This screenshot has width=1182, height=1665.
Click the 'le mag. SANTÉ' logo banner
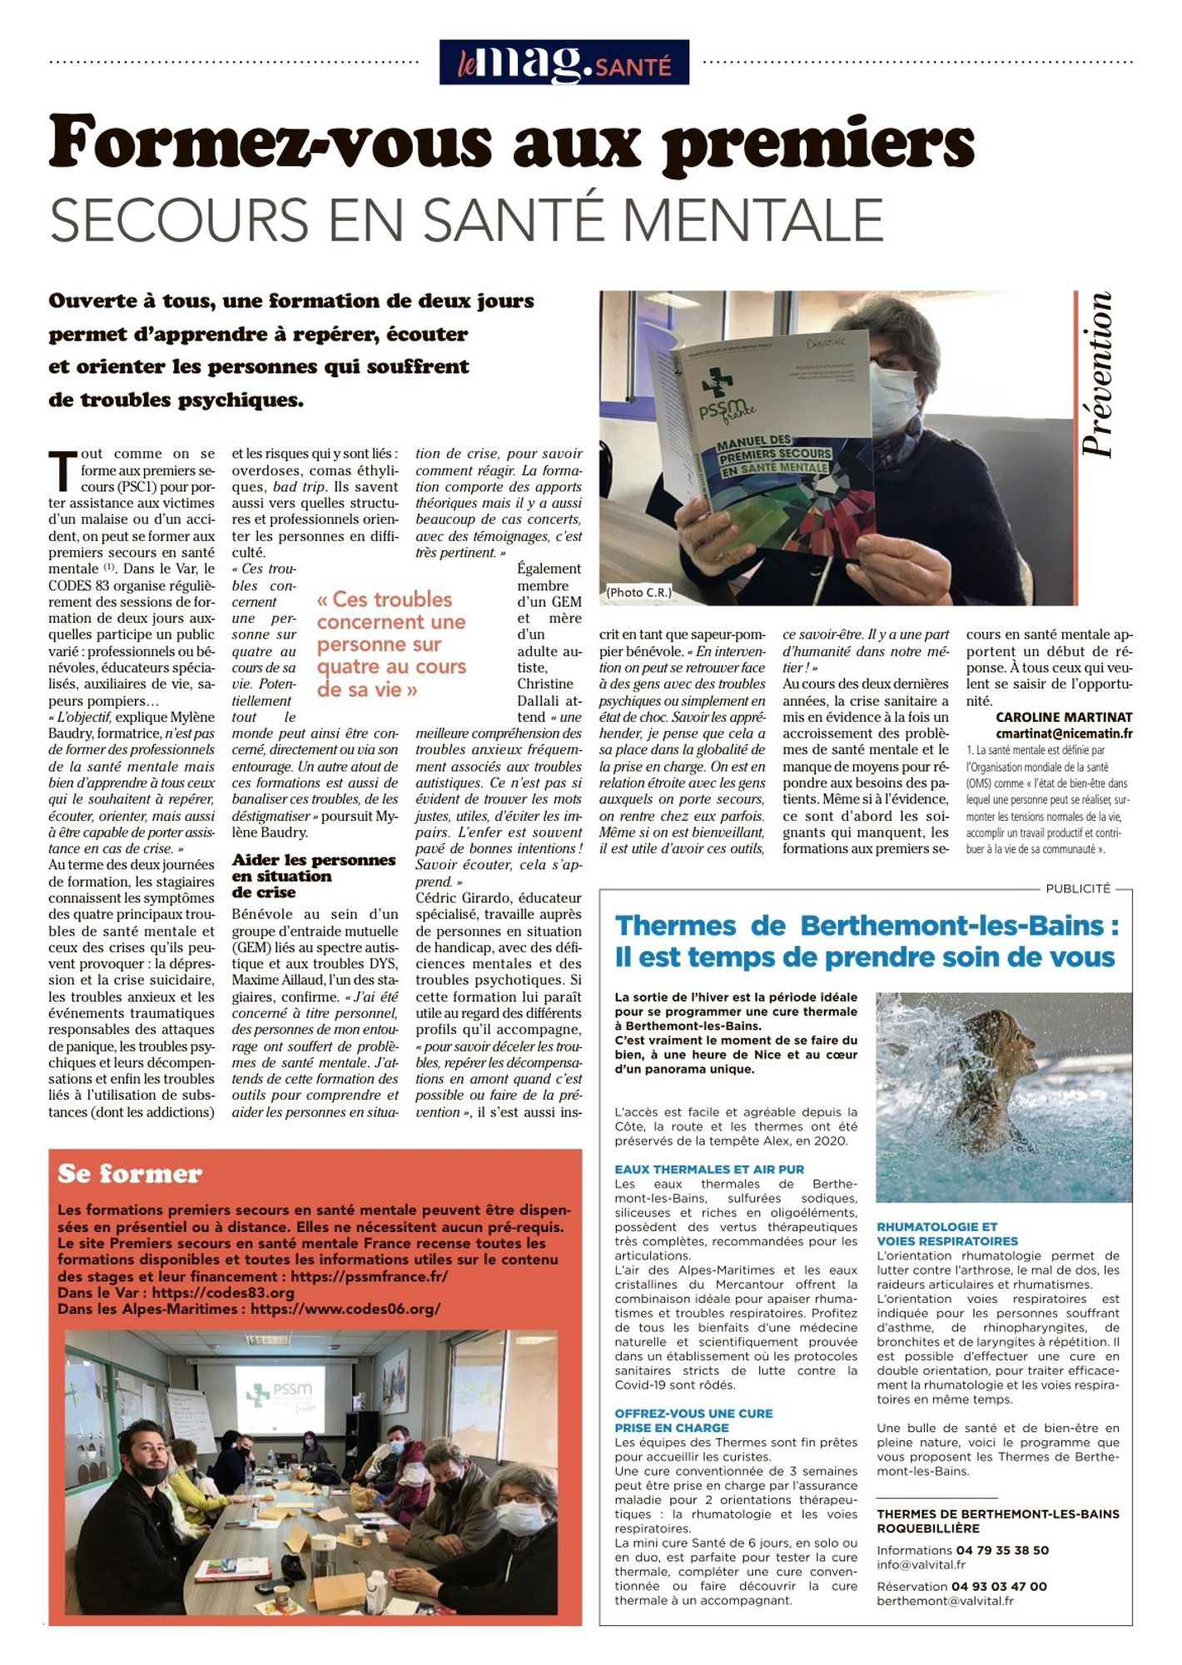coord(564,62)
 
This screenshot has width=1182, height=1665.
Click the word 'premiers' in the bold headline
coord(818,143)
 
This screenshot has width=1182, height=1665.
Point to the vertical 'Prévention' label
coord(1097,374)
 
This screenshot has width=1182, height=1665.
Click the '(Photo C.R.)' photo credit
coord(638,592)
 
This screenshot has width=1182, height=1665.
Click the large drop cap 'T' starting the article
coord(62,470)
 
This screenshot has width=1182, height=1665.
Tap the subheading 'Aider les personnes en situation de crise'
coord(314,875)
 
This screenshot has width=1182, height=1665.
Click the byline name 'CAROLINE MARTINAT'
coord(1063,717)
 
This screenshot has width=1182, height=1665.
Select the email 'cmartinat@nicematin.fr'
coord(1063,733)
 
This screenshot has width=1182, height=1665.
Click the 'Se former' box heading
coord(130,1174)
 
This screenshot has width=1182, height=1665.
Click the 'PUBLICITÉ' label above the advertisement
coord(1078,888)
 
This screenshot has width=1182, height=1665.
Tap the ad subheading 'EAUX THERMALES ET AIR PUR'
coord(709,1169)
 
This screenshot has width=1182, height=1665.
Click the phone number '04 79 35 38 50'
coord(1002,1550)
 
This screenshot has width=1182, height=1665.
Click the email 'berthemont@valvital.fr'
coord(945,1600)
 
